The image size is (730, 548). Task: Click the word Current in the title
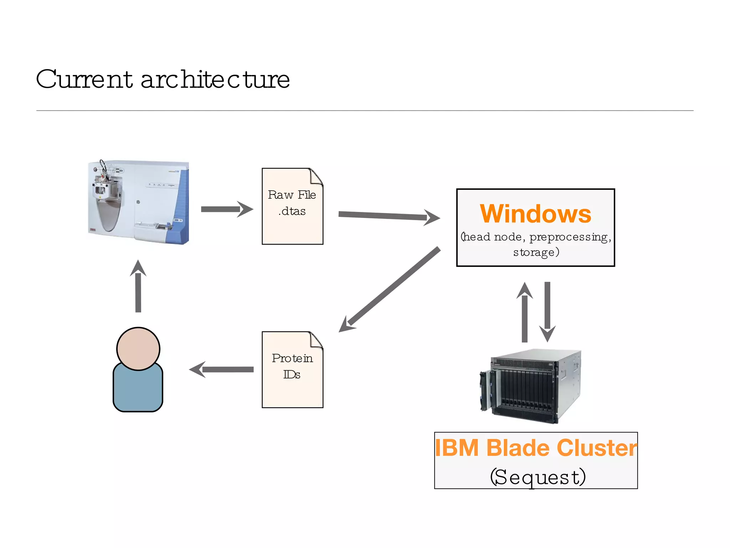[84, 79]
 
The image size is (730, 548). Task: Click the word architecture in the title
[215, 79]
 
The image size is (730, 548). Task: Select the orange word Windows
[535, 214]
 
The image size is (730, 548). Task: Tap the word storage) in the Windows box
[536, 252]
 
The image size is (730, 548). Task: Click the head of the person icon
[138, 349]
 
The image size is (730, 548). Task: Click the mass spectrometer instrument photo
[139, 202]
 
